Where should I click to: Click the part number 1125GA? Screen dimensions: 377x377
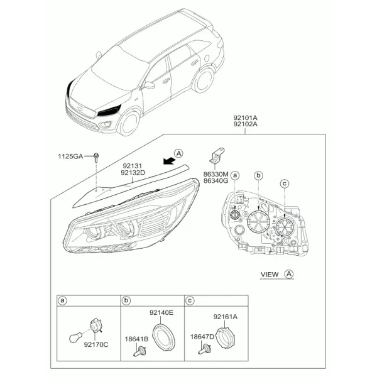click(70, 156)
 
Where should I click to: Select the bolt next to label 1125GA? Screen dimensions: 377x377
click(96, 158)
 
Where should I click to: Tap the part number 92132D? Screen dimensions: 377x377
click(133, 173)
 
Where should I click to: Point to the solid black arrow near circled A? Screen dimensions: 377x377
click(170, 160)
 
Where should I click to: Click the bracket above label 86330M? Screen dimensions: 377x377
click(217, 155)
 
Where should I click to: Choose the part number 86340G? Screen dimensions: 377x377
click(216, 180)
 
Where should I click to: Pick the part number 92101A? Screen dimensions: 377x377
click(245, 118)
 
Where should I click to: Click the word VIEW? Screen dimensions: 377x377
click(270, 275)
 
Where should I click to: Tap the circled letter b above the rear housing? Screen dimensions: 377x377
click(258, 175)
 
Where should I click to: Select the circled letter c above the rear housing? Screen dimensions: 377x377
click(285, 184)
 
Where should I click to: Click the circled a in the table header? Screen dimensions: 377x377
click(62, 300)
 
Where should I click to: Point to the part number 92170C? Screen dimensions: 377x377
click(96, 344)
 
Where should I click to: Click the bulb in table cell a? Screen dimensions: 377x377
click(75, 337)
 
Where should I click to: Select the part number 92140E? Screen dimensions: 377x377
click(161, 312)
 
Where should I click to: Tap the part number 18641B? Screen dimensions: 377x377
click(136, 339)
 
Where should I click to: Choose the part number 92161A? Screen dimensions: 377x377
click(226, 317)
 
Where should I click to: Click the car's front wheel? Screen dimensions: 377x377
click(128, 123)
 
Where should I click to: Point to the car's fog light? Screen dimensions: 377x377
click(106, 124)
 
